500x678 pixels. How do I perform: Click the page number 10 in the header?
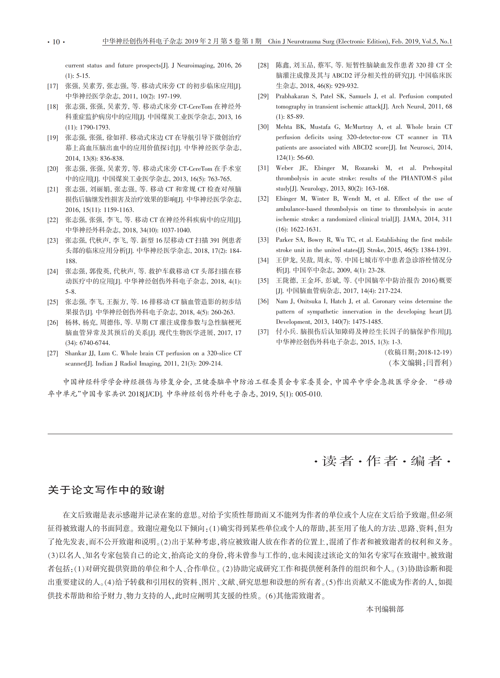(56, 42)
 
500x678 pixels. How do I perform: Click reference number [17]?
(53, 86)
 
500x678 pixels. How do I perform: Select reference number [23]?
(53, 241)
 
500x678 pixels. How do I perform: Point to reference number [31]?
(263, 168)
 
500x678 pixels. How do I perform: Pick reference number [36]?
(263, 302)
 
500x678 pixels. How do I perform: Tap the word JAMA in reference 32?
(412, 219)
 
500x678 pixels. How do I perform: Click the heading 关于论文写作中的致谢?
(106, 490)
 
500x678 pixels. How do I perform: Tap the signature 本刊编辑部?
(385, 609)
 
